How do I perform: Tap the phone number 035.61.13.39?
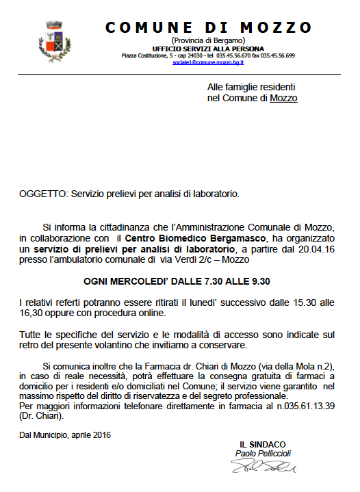pos(306,406)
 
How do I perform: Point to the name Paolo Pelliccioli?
pos(263,454)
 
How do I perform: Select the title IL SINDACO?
pos(262,444)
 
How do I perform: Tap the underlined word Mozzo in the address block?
pos(283,99)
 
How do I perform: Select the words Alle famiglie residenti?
pos(250,88)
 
